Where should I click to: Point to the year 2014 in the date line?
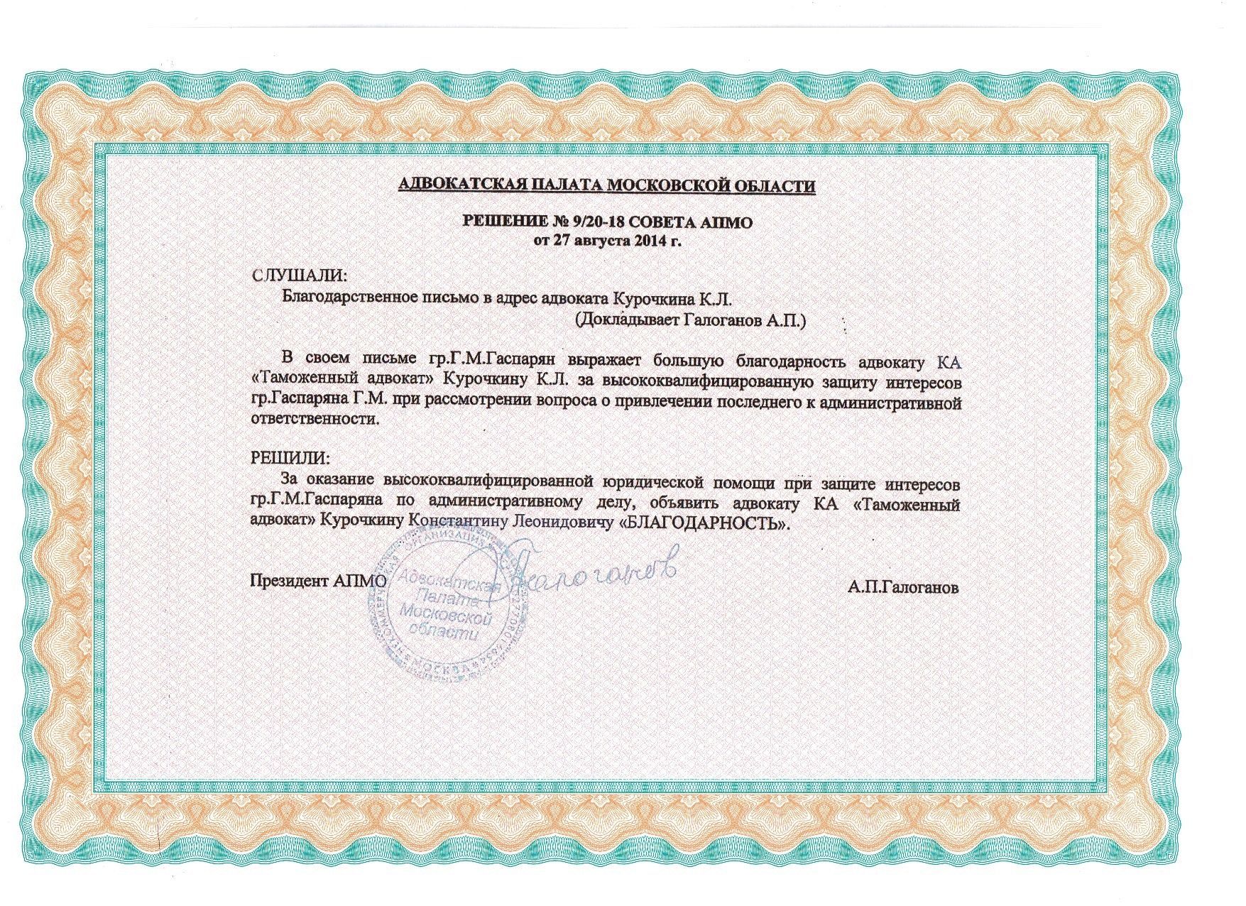pos(649,240)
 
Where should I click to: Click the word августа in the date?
pos(603,240)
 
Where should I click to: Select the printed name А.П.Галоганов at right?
pos(902,587)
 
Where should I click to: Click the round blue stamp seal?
pos(446,607)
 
